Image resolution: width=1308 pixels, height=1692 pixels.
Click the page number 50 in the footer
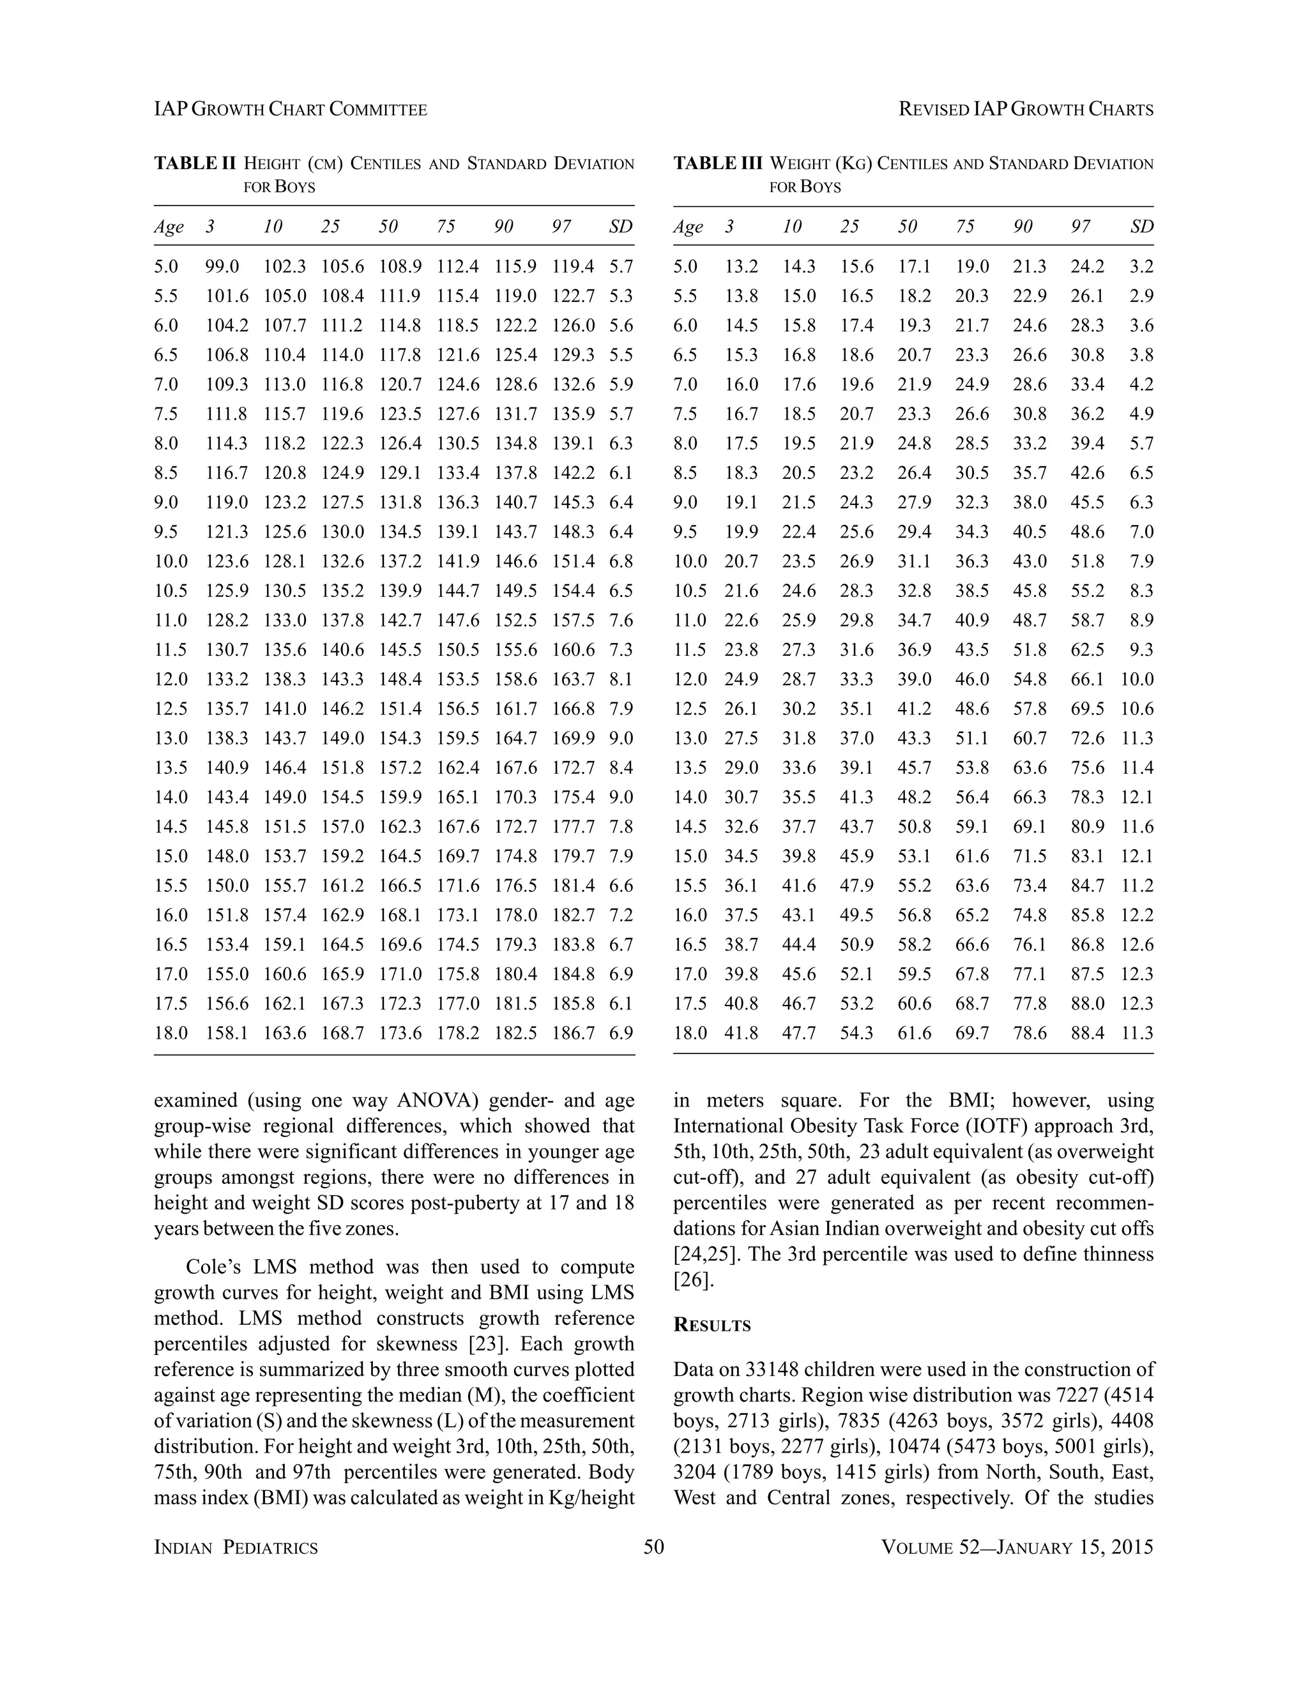point(653,1547)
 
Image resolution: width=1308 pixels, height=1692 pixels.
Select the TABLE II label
point(195,163)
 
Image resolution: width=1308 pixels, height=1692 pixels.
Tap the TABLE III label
point(717,163)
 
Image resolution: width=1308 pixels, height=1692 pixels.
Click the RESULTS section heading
point(712,1326)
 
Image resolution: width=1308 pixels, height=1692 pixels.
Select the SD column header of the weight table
point(1141,227)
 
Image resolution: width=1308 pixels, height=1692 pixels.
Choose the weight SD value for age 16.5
point(1137,945)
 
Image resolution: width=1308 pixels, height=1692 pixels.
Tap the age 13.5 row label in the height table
point(171,767)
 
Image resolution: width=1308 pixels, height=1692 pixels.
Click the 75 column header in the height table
point(446,227)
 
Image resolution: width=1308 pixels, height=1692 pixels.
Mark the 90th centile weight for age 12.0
point(1029,679)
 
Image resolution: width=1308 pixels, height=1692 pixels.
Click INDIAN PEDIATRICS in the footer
point(236,1548)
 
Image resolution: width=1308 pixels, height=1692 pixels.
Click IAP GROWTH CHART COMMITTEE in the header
point(291,110)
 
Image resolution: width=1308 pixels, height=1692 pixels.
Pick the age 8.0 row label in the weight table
point(685,444)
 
